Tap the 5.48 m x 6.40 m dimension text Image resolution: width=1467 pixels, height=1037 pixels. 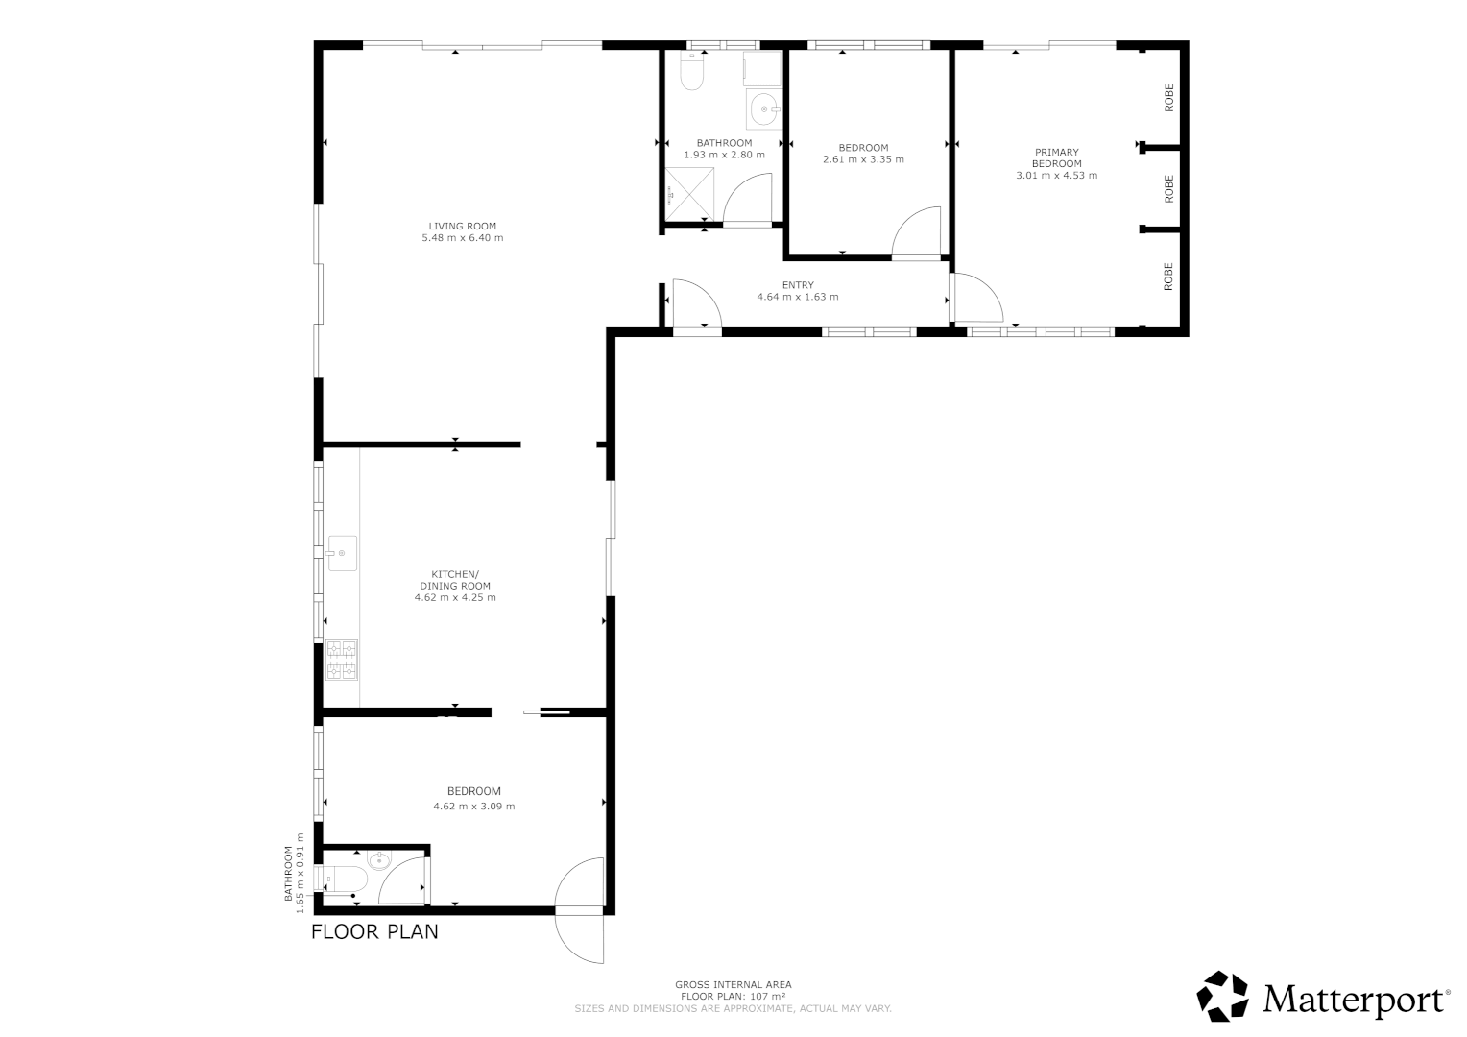coord(462,238)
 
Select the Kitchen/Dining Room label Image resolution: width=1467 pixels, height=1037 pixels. coord(455,580)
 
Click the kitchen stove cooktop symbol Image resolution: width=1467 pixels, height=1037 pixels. coord(341,659)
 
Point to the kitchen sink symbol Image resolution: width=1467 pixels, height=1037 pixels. coord(342,553)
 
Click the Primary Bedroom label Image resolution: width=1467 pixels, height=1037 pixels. coord(1056,157)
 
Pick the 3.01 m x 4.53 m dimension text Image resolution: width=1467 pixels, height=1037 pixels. coord(1056,176)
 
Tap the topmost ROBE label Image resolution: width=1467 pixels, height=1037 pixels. coord(1168,98)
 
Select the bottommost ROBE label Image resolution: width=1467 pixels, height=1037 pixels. coord(1168,277)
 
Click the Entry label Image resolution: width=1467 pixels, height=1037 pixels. coord(797,285)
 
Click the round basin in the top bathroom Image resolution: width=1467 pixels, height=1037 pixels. coord(765,109)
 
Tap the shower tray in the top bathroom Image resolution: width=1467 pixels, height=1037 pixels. coord(690,195)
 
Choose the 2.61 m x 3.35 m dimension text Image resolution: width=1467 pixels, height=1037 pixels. coord(863,160)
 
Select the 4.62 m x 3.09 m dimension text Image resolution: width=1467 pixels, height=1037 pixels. coord(474,807)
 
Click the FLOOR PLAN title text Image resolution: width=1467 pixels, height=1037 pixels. coord(374,931)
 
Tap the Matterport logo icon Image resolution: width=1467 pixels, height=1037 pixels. coord(1222,997)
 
